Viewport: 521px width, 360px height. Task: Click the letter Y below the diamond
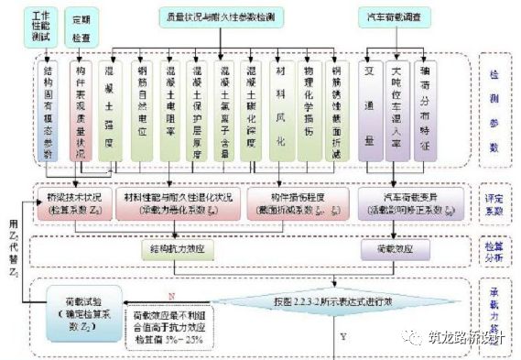click(343, 336)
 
